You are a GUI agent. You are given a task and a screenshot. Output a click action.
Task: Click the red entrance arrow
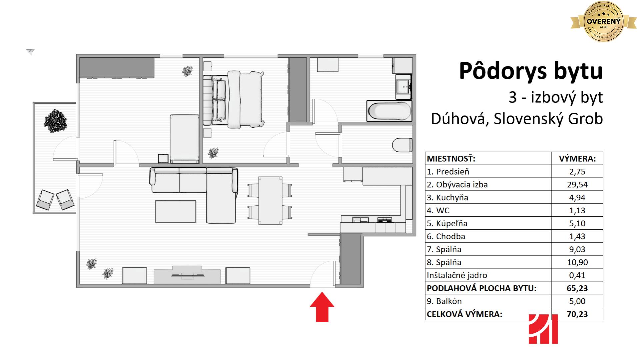(322, 307)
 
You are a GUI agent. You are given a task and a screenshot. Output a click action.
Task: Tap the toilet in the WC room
(402, 145)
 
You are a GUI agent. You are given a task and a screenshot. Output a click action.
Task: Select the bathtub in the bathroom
(389, 111)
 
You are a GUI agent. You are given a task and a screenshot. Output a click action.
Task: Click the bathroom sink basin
(403, 86)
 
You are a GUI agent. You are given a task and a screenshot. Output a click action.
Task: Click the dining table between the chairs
(270, 200)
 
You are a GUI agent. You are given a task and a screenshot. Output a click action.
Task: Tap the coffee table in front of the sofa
(176, 211)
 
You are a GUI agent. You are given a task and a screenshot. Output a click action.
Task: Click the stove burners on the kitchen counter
(384, 220)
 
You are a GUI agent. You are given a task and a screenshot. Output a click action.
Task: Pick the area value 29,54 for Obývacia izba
(577, 184)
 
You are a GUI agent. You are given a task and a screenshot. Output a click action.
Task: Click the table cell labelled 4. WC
(488, 210)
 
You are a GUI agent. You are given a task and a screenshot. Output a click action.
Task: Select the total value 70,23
(577, 314)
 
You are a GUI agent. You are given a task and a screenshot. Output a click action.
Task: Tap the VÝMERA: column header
(577, 159)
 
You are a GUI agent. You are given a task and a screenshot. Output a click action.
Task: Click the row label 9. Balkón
(444, 301)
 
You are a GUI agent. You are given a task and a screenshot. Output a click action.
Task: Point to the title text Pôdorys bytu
(531, 71)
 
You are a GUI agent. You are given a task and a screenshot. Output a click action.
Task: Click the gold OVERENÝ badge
(603, 22)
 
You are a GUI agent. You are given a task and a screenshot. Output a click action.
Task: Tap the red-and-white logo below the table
(543, 329)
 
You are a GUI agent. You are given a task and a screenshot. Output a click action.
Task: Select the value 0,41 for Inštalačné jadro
(577, 275)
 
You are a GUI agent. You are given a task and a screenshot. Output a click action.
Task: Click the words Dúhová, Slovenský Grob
(517, 119)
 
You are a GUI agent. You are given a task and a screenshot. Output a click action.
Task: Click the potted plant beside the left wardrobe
(188, 71)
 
